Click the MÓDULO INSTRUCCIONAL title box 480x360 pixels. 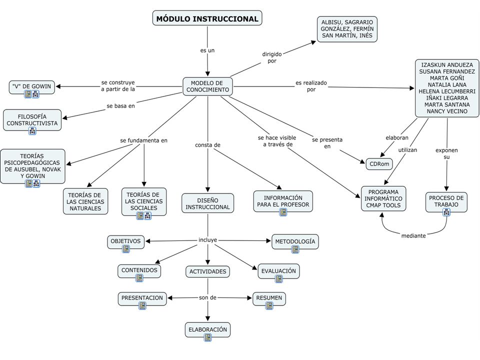(x=207, y=18)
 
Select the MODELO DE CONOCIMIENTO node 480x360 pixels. (x=207, y=86)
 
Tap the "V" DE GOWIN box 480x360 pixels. (x=32, y=86)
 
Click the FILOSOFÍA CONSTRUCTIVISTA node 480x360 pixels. (x=32, y=120)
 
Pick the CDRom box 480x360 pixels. (x=379, y=164)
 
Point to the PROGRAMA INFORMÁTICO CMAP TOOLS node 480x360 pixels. (x=383, y=198)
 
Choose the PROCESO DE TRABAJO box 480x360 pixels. (x=446, y=201)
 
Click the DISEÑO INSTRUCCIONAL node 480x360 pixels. (x=207, y=203)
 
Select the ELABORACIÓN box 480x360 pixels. (x=208, y=329)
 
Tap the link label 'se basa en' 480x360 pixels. (x=120, y=106)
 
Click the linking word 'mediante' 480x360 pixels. (x=413, y=235)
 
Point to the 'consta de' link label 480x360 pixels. (x=207, y=145)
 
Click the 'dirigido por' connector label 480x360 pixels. (x=272, y=57)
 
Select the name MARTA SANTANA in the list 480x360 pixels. (x=447, y=104)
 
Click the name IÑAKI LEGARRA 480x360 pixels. (x=447, y=98)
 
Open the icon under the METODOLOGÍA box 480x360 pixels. (x=295, y=249)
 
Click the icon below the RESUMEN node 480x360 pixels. (x=269, y=305)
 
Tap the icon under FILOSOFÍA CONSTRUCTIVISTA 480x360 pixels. (x=32, y=131)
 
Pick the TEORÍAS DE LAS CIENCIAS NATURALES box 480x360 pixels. (x=85, y=201)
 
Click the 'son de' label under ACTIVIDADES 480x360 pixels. (x=207, y=297)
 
